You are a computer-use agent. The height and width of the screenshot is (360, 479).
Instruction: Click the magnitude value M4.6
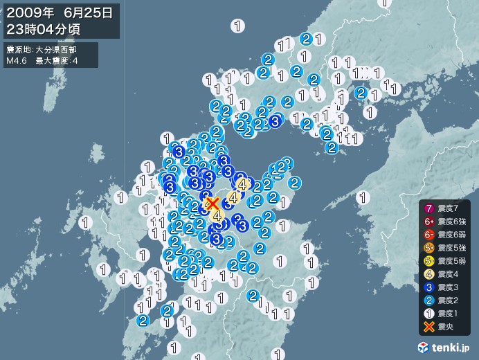point(17,60)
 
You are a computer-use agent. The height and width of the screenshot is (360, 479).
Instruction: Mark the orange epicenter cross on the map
point(213,204)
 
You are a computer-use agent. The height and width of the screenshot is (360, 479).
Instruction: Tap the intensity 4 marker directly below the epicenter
point(217,216)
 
